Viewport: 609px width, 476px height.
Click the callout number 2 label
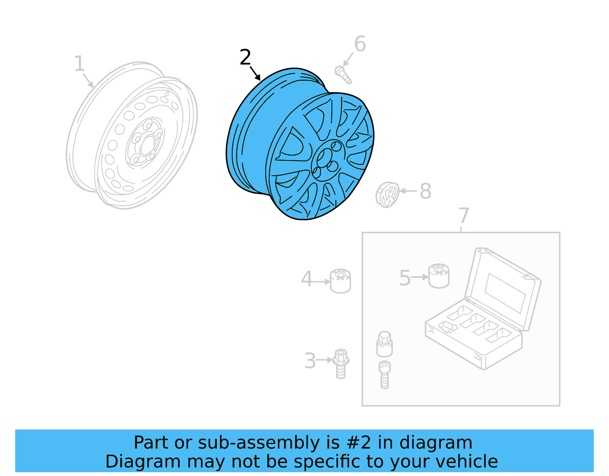[x=246, y=58]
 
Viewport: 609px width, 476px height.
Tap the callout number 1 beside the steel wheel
[x=79, y=64]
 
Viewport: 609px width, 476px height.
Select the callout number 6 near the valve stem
[x=360, y=44]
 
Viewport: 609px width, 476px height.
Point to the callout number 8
[x=426, y=191]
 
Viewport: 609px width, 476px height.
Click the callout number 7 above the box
[x=464, y=216]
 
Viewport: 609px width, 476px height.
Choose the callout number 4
[x=306, y=279]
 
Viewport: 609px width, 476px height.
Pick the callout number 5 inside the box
[x=405, y=278]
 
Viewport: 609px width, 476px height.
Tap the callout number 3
[x=310, y=361]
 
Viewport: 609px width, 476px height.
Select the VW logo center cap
[x=387, y=195]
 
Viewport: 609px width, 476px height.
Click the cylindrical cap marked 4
[x=340, y=281]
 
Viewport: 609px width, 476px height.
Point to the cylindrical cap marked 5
[x=439, y=276]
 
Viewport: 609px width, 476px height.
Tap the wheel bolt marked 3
[x=341, y=364]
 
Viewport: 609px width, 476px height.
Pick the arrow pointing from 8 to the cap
[x=408, y=191]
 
